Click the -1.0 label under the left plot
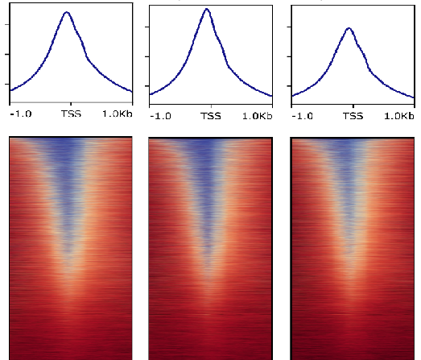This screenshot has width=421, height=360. coord(20,115)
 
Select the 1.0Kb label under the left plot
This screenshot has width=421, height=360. coord(117,115)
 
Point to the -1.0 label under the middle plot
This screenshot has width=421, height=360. coord(160,116)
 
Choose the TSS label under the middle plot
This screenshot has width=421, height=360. coord(211,116)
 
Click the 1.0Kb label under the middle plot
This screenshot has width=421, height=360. coord(257,116)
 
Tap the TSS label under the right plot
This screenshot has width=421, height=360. coord(352,116)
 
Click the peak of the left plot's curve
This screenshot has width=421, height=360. coord(67,13)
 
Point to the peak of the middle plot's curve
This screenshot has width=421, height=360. coord(207,10)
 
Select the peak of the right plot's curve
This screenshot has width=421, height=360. coord(348,28)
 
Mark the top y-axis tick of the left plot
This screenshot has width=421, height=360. coord(8,24)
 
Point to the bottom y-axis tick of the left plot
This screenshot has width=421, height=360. coord(8,84)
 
